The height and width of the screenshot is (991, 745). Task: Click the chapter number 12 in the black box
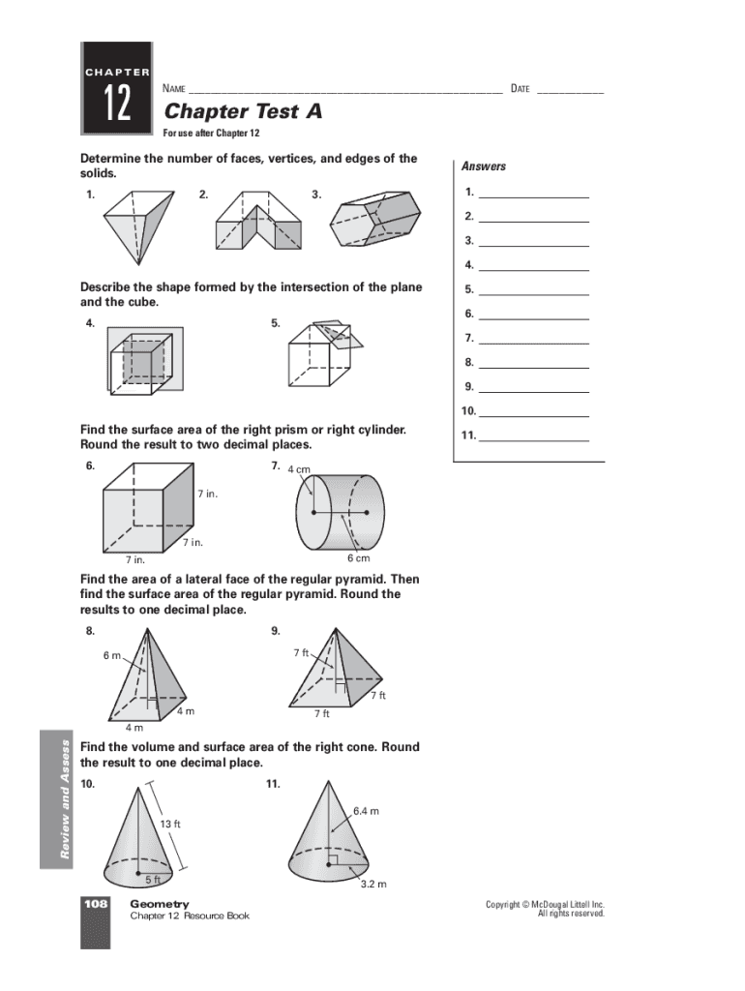click(115, 104)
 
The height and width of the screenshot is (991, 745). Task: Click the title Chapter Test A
click(243, 111)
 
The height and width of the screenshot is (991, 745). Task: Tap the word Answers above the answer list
click(484, 166)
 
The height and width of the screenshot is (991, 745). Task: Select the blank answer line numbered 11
click(533, 435)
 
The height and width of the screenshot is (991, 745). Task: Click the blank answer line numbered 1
click(533, 192)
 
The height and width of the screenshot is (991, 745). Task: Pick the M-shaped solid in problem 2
click(256, 221)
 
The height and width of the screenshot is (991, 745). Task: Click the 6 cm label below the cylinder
click(360, 559)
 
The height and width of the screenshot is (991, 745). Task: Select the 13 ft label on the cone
click(169, 824)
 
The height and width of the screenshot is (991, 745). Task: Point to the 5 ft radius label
click(152, 880)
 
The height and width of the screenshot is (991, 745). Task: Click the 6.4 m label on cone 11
click(368, 811)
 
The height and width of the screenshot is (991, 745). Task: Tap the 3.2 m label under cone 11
click(373, 884)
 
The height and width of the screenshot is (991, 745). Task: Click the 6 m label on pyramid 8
click(112, 655)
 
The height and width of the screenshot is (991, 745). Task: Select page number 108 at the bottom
click(95, 904)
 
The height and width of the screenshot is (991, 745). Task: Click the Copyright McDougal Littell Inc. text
click(545, 905)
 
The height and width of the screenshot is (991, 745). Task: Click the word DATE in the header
click(520, 89)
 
